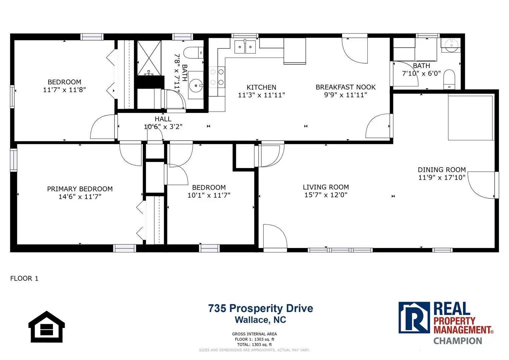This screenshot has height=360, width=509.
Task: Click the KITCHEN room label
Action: pyautogui.click(x=261, y=87)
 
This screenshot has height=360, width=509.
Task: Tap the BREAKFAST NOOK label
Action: pyautogui.click(x=346, y=87)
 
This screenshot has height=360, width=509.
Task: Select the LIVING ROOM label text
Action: pyautogui.click(x=326, y=187)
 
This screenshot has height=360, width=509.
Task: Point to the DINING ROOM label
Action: pyautogui.click(x=442, y=170)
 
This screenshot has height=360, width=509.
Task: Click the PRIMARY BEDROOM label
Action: pyautogui.click(x=80, y=189)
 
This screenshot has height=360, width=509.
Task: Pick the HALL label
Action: pyautogui.click(x=163, y=119)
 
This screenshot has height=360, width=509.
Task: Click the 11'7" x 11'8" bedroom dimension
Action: pyautogui.click(x=64, y=90)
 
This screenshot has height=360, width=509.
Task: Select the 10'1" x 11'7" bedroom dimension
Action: pyautogui.click(x=209, y=195)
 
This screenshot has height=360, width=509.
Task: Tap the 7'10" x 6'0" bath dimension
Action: pyautogui.click(x=421, y=73)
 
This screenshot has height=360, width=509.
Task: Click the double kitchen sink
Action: pyautogui.click(x=245, y=47)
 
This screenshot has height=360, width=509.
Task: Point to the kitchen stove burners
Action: pyautogui.click(x=217, y=77)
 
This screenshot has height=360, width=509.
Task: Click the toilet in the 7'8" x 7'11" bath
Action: pyautogui.click(x=193, y=53)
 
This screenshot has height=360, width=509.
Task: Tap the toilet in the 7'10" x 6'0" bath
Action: pyautogui.click(x=449, y=79)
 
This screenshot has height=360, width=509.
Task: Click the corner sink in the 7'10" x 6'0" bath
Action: pyautogui.click(x=451, y=45)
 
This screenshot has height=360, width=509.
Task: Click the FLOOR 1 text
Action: pyautogui.click(x=24, y=278)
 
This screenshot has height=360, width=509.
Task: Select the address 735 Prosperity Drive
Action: pyautogui.click(x=261, y=308)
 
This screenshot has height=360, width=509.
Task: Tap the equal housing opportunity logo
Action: pyautogui.click(x=47, y=327)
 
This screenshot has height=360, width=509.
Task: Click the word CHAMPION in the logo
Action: pyautogui.click(x=458, y=341)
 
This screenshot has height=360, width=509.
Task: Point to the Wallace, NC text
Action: pyautogui.click(x=260, y=320)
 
